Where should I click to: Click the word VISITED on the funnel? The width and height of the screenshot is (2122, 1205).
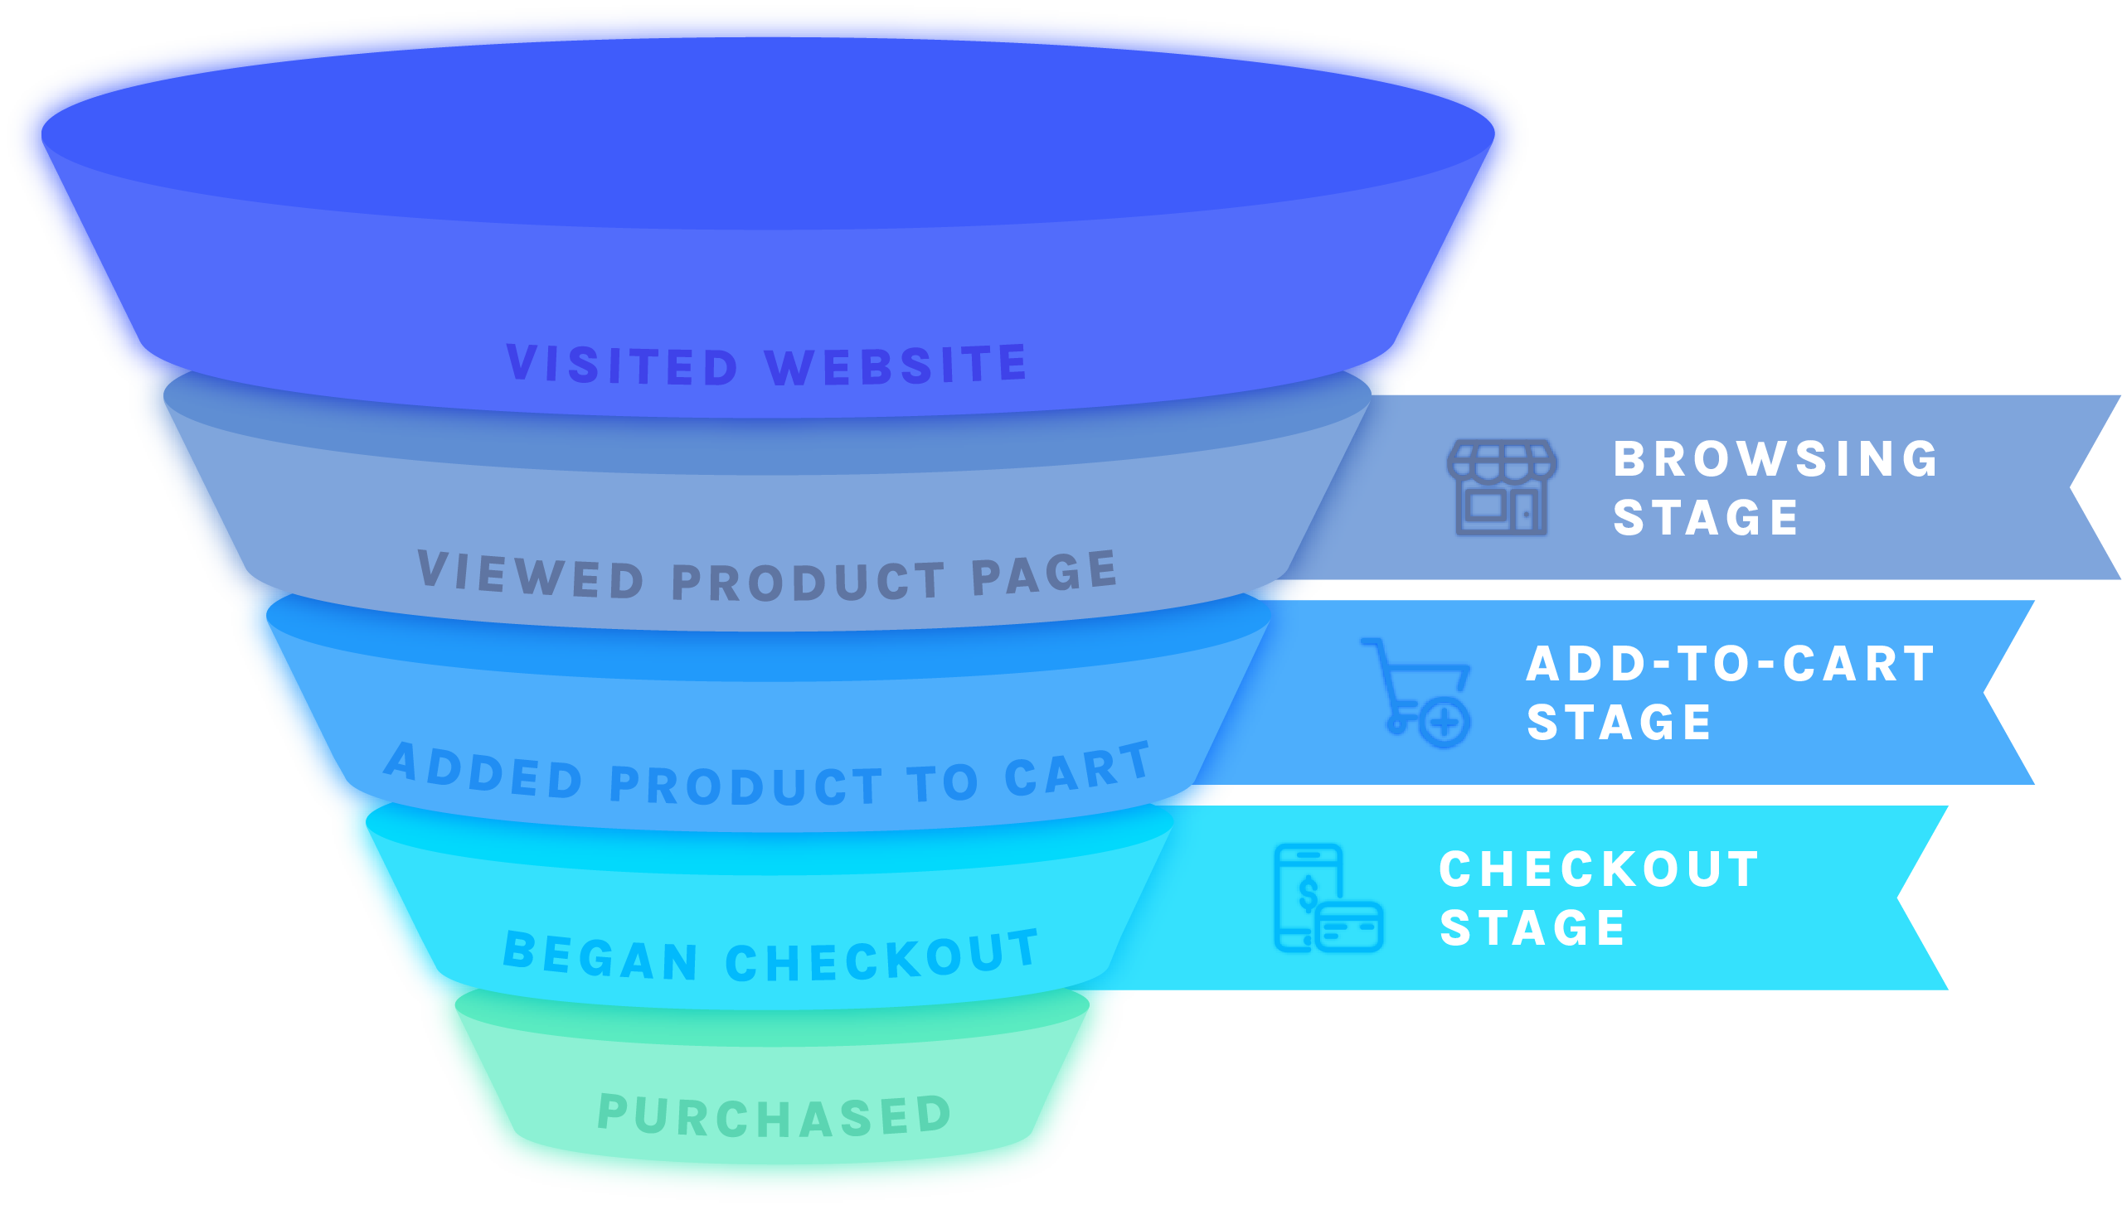click(x=622, y=365)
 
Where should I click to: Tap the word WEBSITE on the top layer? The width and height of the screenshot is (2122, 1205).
click(x=896, y=365)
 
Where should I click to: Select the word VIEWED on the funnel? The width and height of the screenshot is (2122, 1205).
click(x=531, y=573)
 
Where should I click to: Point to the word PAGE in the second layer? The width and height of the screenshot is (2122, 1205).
click(x=1043, y=572)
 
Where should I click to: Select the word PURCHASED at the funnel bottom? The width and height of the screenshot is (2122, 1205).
click(x=775, y=1115)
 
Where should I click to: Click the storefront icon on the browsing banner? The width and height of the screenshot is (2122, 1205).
click(x=1502, y=487)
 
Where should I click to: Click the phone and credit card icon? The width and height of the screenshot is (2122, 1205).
click(x=1328, y=898)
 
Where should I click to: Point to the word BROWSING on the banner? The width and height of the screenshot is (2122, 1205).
click(x=1775, y=459)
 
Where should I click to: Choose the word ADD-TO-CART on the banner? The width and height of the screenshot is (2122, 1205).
click(x=1731, y=665)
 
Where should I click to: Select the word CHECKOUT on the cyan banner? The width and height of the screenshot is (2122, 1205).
click(x=1599, y=869)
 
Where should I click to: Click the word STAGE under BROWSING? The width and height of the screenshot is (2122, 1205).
click(x=1705, y=518)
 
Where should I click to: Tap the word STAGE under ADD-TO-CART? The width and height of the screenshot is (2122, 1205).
click(x=1619, y=723)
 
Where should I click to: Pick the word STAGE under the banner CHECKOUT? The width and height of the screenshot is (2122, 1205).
click(x=1532, y=928)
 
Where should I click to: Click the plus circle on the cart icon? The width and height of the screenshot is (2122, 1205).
click(x=1445, y=723)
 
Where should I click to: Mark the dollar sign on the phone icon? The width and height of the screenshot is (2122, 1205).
click(x=1309, y=894)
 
